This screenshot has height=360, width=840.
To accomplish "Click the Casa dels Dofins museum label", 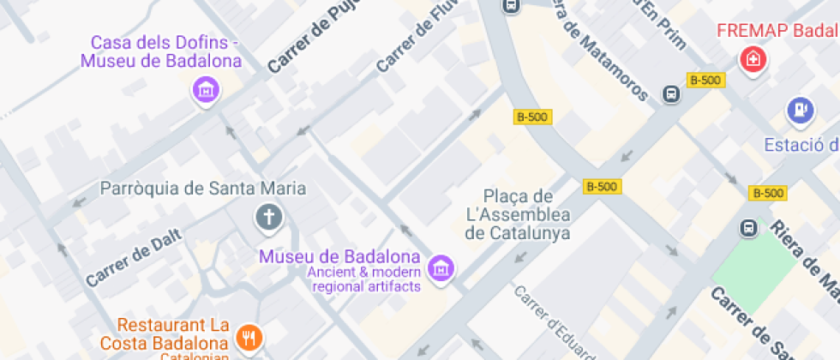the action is [x=161, y=51].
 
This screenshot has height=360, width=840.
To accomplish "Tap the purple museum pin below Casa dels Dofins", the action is [x=205, y=89].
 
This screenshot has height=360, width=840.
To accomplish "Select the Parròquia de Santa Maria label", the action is [x=203, y=188].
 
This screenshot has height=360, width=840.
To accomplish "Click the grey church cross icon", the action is [x=269, y=218].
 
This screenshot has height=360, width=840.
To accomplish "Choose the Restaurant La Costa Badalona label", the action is [x=173, y=334].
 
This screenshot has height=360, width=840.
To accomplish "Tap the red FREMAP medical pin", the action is [x=753, y=60].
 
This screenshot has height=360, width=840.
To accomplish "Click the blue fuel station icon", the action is [x=800, y=110].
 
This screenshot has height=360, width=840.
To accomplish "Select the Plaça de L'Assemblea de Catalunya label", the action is [x=518, y=214].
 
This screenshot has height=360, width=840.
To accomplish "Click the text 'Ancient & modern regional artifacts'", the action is [x=366, y=279].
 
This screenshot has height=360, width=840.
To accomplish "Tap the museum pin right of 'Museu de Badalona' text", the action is [x=441, y=267].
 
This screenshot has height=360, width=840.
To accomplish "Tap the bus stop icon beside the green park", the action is [x=749, y=228].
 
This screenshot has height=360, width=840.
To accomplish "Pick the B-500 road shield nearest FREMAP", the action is [x=705, y=80].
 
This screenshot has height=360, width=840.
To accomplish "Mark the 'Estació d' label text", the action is [x=801, y=143].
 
